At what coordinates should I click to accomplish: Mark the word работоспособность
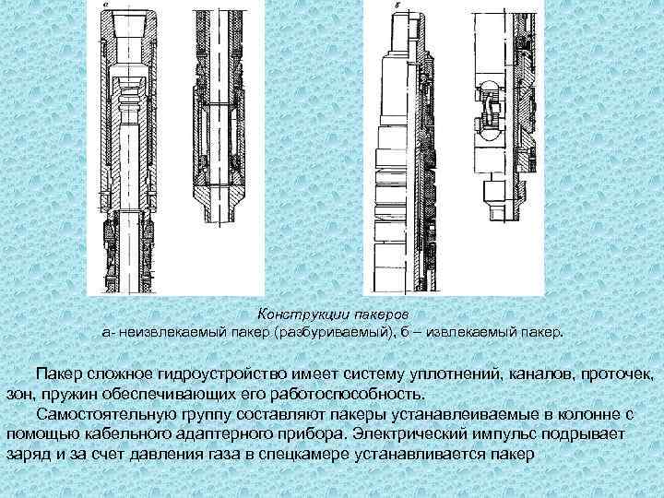(356, 392)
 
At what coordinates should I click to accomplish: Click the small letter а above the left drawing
(105, 6)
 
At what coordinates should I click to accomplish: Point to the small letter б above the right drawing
(397, 6)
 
